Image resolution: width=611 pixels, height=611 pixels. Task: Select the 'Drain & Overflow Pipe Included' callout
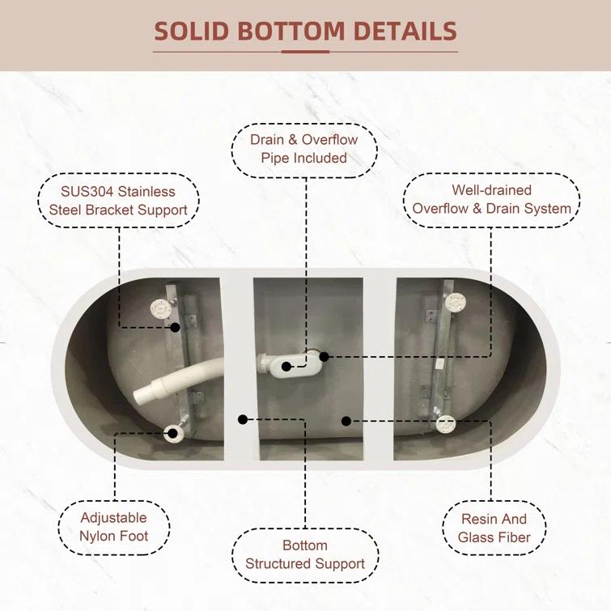[x=303, y=149]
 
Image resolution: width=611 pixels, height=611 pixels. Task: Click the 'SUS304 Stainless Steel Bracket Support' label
[x=118, y=201]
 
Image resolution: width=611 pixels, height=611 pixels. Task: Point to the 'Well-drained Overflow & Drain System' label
[x=491, y=199]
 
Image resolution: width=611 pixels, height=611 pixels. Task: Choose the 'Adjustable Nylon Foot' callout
[x=113, y=527]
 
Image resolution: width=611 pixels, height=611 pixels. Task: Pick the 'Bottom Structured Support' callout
[x=305, y=554]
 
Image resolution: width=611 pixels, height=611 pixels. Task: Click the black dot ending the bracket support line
[x=176, y=328]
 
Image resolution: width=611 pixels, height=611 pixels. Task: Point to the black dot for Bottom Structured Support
[x=242, y=418]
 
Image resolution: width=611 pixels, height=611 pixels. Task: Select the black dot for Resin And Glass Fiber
[x=346, y=420]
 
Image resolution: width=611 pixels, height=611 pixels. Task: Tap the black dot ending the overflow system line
[x=324, y=356]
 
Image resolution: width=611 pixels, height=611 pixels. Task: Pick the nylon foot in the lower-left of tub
[x=172, y=432]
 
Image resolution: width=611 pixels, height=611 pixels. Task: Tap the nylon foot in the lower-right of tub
[x=445, y=422]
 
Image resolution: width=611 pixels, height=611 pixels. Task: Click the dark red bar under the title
[x=305, y=52]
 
